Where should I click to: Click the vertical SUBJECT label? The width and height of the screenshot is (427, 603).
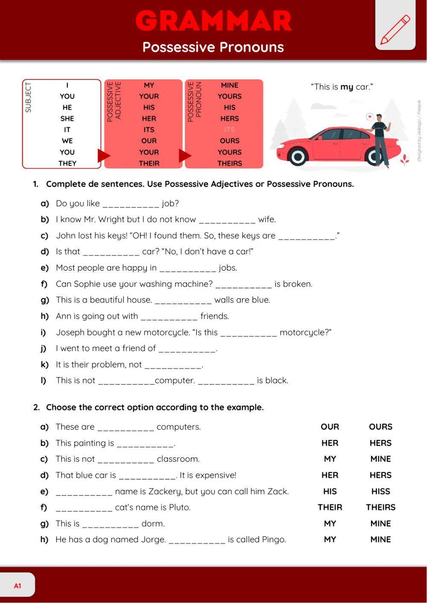tap(29, 97)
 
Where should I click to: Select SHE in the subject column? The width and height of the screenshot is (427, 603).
tap(67, 119)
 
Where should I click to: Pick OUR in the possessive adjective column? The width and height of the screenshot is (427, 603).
tap(149, 141)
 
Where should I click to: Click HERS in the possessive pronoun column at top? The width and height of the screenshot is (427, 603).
tap(229, 119)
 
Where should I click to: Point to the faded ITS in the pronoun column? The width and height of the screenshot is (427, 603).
tap(229, 130)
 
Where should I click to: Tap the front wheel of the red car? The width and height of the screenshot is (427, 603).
tap(298, 157)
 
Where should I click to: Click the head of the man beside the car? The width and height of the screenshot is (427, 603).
tap(379, 117)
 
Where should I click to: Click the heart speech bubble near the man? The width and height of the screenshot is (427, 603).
tap(369, 116)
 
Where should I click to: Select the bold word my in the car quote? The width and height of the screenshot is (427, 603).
tap(347, 87)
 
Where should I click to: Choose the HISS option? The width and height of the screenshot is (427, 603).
tap(380, 492)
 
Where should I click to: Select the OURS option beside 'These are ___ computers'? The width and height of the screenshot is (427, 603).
tap(380, 427)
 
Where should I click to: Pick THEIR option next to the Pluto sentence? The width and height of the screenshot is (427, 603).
tap(330, 507)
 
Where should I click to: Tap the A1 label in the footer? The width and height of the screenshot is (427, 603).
tap(18, 586)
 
